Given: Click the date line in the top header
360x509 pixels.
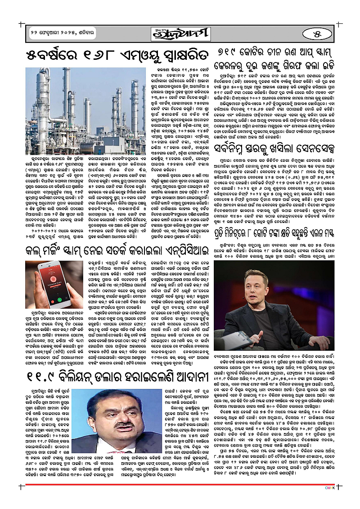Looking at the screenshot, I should click(x=54, y=35).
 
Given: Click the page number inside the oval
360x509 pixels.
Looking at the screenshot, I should click(x=321, y=34).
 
